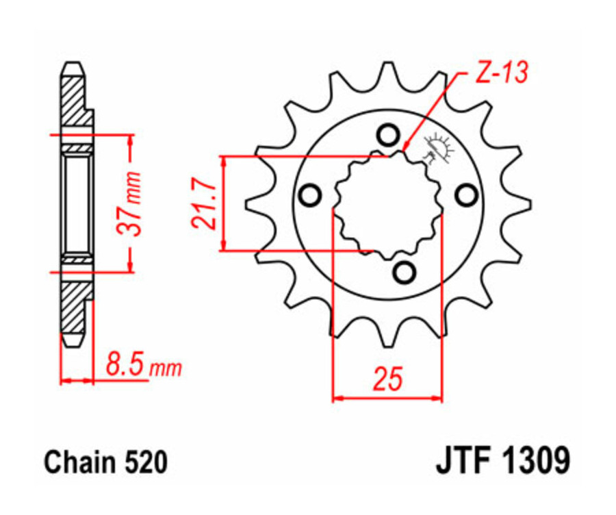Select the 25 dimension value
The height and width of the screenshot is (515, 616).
(387, 378)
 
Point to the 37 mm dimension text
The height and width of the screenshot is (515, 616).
(134, 203)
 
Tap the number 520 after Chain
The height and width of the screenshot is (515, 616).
(145, 463)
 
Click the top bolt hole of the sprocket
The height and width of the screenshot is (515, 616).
(388, 134)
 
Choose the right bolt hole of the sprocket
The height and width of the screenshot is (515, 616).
(467, 197)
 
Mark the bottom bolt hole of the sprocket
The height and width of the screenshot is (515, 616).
(405, 272)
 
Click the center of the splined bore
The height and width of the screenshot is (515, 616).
(388, 203)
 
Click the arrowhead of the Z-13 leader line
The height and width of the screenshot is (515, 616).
(405, 147)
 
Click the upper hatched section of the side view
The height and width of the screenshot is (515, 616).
(76, 103)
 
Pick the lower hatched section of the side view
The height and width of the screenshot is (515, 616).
(76, 305)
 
